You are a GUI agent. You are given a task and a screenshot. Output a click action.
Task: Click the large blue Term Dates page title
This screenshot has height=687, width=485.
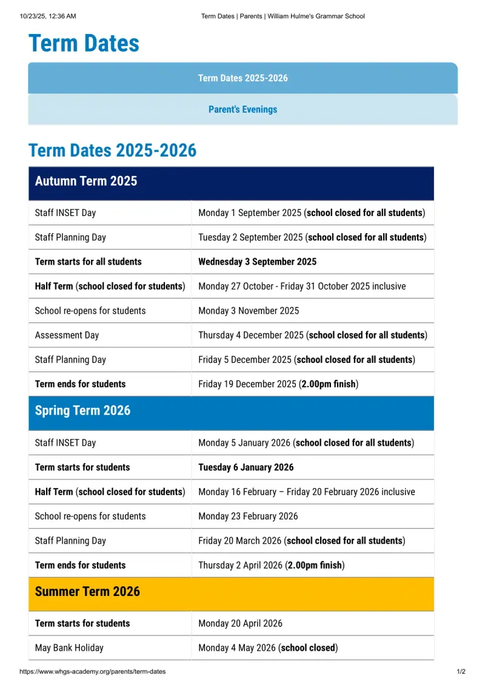[84, 43]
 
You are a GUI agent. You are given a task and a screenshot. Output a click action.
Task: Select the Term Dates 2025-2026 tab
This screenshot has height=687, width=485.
[243, 78]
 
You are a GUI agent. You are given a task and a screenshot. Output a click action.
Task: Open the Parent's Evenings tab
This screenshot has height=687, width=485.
[243, 109]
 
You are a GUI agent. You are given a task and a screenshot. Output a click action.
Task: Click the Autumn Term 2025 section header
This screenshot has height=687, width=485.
[231, 183]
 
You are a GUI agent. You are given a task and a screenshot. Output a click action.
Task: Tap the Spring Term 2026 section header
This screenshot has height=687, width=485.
[231, 413]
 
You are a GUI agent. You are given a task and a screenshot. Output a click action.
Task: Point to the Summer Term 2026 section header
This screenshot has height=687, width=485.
[231, 594]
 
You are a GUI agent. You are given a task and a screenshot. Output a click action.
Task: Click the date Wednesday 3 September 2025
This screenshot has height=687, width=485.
[258, 262]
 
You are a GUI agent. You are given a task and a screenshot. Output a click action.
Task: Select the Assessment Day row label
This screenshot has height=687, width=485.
[67, 335]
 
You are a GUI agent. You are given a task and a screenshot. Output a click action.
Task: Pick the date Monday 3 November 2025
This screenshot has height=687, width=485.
[249, 311]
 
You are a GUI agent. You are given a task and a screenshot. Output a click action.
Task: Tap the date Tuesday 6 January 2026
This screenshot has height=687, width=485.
[246, 467]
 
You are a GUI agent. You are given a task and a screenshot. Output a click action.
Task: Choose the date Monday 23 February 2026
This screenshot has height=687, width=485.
[248, 516]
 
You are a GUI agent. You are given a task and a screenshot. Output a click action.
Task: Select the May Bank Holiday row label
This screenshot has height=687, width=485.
[69, 648]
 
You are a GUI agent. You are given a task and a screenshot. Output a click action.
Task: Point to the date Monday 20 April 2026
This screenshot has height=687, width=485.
[240, 623]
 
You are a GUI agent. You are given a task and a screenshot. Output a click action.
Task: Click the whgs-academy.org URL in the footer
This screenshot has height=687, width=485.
[93, 671]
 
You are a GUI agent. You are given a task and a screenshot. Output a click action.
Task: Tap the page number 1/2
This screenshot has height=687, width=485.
[461, 671]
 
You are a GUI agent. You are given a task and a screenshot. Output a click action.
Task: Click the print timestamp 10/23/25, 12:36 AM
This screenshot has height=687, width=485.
[48, 16]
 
